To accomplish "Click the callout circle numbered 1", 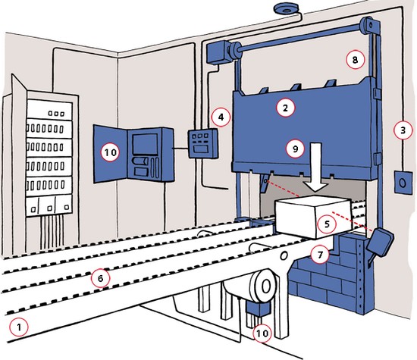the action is click(x=19, y=327).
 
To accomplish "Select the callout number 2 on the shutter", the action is click(x=285, y=108).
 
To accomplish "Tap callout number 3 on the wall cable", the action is click(x=403, y=130).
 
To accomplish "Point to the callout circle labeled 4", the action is click(x=221, y=117).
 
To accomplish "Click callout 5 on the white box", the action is click(x=327, y=224).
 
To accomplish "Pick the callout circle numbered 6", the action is click(x=100, y=278).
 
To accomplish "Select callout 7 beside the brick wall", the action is click(x=320, y=255).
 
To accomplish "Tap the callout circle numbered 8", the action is click(x=356, y=60).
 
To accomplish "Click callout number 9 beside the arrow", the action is click(x=296, y=149).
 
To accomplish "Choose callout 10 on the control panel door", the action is click(x=111, y=152).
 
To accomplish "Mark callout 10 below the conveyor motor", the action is click(x=262, y=333).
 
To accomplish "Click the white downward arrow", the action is click(x=315, y=167).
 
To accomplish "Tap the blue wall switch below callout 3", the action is click(x=403, y=183).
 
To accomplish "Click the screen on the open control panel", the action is click(x=145, y=143).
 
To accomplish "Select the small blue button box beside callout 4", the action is click(x=203, y=143).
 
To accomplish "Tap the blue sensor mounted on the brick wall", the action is click(x=380, y=243).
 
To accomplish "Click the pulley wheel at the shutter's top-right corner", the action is click(x=369, y=25).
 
